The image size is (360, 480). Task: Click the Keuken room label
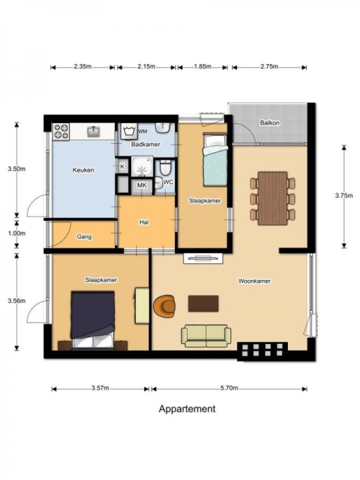click(83, 170)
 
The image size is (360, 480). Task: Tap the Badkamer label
click(145, 144)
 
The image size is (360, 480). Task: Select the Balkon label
click(269, 123)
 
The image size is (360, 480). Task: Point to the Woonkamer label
click(254, 281)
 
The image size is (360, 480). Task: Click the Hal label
click(144, 222)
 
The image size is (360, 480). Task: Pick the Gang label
click(84, 237)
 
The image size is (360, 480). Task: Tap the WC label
click(168, 182)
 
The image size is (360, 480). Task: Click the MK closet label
click(142, 185)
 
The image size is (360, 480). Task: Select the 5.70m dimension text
click(229, 388)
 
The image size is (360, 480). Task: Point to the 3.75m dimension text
click(343, 196)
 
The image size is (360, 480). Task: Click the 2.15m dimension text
click(146, 66)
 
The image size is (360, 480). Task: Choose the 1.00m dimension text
click(17, 233)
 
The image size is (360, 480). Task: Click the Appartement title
click(187, 409)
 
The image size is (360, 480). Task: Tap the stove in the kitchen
click(61, 132)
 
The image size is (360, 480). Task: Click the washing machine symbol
click(129, 131)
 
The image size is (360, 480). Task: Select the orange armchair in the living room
click(165, 306)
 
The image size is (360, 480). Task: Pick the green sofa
click(206, 336)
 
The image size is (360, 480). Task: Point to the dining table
click(272, 199)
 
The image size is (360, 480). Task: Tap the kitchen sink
click(93, 131)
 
